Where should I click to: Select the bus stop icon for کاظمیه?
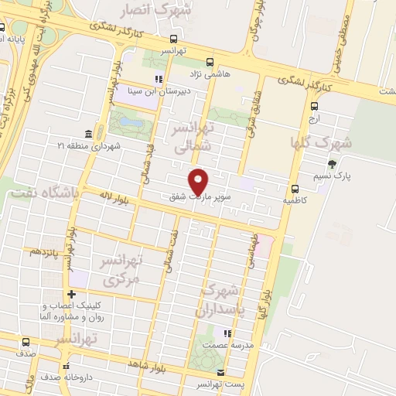pyautogui.click(x=295, y=189)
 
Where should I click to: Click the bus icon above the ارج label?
pyautogui.click(x=313, y=107)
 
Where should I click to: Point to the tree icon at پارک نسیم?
pyautogui.click(x=332, y=164)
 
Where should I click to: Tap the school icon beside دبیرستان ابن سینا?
pyautogui.click(x=159, y=78)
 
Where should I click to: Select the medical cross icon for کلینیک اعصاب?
pyautogui.click(x=71, y=294)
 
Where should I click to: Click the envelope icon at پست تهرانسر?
pyautogui.click(x=220, y=373)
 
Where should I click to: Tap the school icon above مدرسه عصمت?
pyautogui.click(x=227, y=334)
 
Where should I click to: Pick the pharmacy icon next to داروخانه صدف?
pyautogui.click(x=67, y=366)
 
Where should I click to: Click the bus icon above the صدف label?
pyautogui.click(x=26, y=342)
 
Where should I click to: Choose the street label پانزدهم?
pyautogui.click(x=45, y=251)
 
